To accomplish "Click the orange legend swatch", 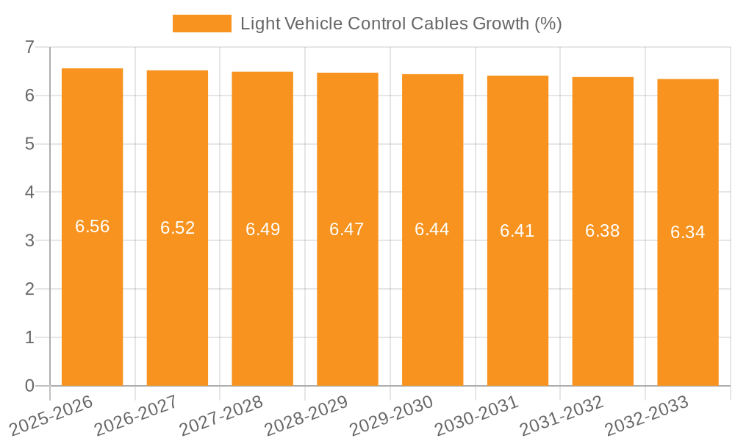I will click(x=201, y=24).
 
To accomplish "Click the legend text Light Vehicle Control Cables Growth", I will click(x=401, y=24).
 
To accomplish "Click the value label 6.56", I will click(x=92, y=226).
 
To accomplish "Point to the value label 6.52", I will click(x=177, y=228).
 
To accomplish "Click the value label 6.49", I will click(x=262, y=229).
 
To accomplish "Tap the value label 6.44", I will click(x=431, y=229).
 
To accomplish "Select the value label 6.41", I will click(x=517, y=231).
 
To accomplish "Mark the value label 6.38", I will click(x=602, y=231).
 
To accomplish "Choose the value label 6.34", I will click(x=687, y=232).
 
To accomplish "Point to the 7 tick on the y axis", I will click(x=29, y=47).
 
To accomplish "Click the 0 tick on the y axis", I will click(x=29, y=386).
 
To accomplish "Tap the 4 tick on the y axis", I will click(x=29, y=193).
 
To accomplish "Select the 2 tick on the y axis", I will click(x=29, y=289).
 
